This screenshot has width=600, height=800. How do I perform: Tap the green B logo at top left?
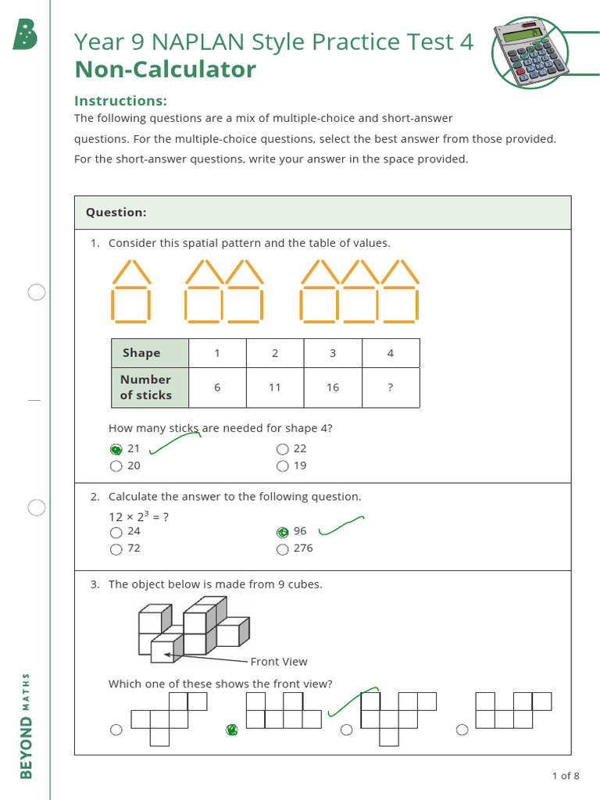pos(26,34)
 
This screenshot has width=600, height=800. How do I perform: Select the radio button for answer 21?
pos(116,449)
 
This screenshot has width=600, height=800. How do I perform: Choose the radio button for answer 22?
pos(282,449)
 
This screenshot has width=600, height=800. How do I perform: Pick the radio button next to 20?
pos(116,466)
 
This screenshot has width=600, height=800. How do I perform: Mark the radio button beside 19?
pos(282,466)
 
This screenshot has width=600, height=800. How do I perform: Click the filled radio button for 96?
pos(282,532)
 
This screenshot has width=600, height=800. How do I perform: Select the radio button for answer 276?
pos(282,549)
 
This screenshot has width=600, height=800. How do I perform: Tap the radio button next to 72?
pos(116,549)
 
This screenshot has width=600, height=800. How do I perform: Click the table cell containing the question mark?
pos(391,387)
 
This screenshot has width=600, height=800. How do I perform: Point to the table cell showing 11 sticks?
pos(275,387)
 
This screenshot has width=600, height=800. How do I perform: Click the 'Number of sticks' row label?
pos(146,387)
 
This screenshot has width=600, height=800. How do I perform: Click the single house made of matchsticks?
pos(130,291)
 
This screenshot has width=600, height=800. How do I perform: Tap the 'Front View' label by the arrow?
pos(279,662)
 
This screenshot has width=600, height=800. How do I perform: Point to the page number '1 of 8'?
pos(566,776)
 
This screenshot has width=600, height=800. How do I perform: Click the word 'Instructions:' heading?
pos(120,101)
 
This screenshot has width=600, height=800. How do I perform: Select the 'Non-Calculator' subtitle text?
pos(165,70)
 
